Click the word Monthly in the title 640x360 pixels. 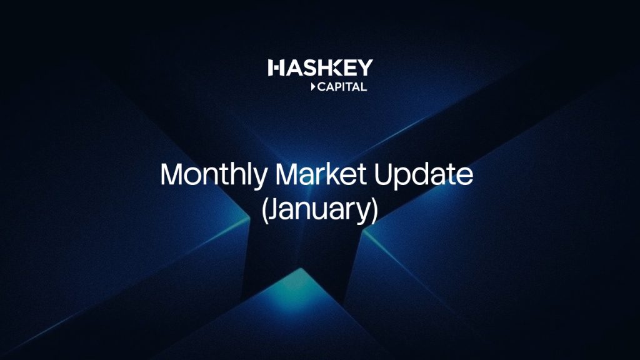[214, 176]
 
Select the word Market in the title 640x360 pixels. [321, 174]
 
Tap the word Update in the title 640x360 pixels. [423, 176]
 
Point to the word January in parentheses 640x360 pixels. [319, 210]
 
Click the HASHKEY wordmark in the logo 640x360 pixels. [321, 67]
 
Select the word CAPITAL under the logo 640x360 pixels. [342, 86]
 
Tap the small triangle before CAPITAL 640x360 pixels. [313, 86]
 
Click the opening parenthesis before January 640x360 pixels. [265, 211]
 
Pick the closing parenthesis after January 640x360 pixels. [374, 211]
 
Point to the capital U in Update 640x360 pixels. [383, 174]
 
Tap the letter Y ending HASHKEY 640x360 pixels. [365, 67]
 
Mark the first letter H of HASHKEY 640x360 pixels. [276, 67]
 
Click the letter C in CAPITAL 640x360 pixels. [322, 86]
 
